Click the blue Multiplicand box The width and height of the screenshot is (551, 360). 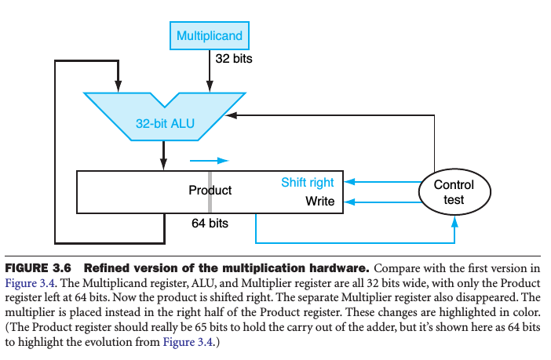tap(209, 36)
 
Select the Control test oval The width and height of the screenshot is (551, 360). tap(454, 192)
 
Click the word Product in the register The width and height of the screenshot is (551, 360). tap(210, 190)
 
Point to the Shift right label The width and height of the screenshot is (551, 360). tap(308, 183)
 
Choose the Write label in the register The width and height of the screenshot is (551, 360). tap(320, 202)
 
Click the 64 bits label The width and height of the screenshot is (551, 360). tap(210, 224)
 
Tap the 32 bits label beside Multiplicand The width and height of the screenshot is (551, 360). tap(233, 59)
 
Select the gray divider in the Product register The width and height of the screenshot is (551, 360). tap(210, 190)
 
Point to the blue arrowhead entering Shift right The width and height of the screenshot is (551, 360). tap(351, 182)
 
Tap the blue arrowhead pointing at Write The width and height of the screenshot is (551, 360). tap(351, 202)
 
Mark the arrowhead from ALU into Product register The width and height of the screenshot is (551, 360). tap(163, 165)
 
